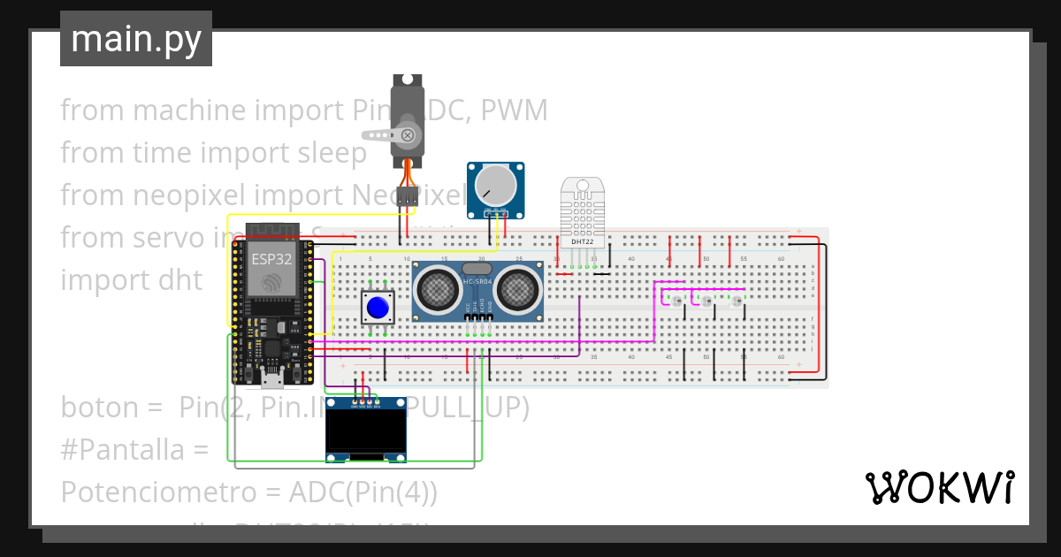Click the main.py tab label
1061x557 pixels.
point(135,40)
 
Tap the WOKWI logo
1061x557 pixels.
point(939,487)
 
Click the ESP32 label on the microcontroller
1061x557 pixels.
point(272,258)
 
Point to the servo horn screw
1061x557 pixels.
point(408,135)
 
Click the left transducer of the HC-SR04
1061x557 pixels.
point(439,288)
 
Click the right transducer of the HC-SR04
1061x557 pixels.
point(515,288)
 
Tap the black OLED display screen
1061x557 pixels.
point(366,429)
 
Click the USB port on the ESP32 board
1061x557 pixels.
point(273,381)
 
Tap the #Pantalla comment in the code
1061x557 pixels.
point(134,449)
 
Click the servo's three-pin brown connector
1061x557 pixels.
point(407,197)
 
